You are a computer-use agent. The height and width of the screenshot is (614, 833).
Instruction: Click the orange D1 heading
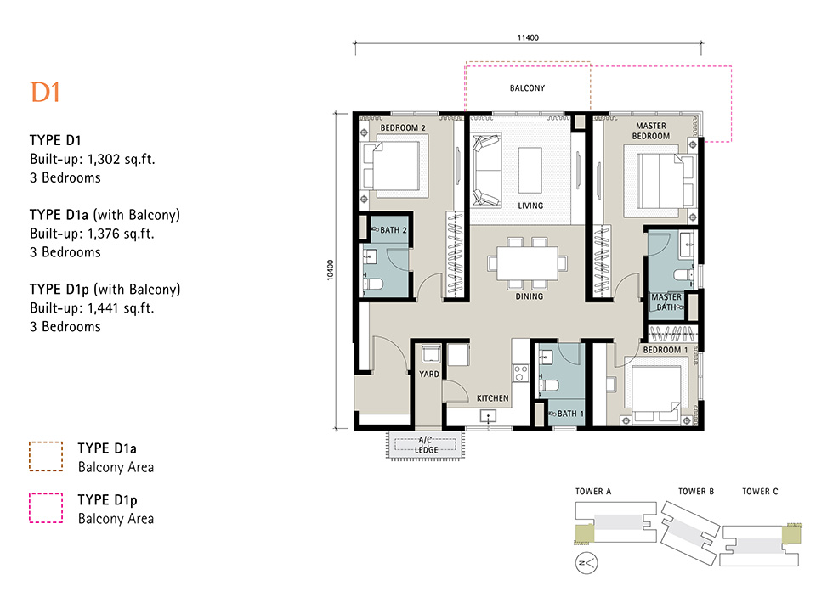[x=45, y=93]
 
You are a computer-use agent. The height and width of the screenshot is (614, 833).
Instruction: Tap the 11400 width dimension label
[x=528, y=37]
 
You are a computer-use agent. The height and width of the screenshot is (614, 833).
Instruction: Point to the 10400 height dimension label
[x=331, y=270]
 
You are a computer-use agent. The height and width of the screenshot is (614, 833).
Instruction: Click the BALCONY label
[x=528, y=88]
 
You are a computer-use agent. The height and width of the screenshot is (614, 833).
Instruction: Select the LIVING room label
[x=530, y=206]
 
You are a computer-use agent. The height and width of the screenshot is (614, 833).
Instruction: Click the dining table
[x=528, y=263]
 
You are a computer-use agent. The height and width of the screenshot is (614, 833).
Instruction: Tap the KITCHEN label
[x=492, y=398]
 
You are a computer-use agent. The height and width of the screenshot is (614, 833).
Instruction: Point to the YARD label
[x=429, y=375]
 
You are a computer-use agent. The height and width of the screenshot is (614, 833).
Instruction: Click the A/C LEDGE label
[x=426, y=445]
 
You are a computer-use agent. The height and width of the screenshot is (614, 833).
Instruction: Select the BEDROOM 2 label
[x=403, y=128]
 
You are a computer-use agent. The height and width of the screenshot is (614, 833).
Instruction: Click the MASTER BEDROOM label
[x=651, y=131]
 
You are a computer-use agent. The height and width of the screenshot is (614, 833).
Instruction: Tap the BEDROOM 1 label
[x=666, y=350]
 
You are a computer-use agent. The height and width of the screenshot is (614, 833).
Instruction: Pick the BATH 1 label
[x=570, y=414]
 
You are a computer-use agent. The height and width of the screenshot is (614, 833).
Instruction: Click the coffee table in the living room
[x=530, y=170]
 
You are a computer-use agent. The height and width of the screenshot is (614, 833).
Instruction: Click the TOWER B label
[x=696, y=492]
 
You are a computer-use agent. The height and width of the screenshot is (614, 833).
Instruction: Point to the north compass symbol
[x=586, y=563]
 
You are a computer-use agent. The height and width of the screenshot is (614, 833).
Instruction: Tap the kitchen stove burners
[x=520, y=373]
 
